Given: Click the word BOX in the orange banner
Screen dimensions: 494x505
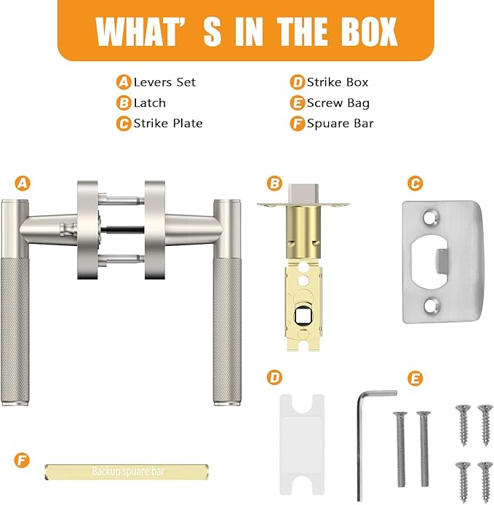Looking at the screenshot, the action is tap(370, 31).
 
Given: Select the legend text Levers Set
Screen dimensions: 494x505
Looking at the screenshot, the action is tap(164, 82).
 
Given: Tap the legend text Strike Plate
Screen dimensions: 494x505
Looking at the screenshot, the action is tap(168, 124).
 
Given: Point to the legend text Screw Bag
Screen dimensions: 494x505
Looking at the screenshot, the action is tap(338, 103).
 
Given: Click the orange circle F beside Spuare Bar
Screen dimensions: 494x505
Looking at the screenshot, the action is tap(298, 124).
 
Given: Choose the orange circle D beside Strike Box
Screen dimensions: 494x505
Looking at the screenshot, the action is tap(298, 82).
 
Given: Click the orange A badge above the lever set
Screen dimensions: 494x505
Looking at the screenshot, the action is tap(23, 183).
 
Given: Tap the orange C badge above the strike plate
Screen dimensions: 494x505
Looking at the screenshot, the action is tap(415, 183).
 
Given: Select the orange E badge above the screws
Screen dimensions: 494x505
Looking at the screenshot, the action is tap(415, 378).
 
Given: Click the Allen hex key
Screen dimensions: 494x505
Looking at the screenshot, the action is tap(359, 445).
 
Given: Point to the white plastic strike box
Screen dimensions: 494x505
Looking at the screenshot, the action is tap(302, 445).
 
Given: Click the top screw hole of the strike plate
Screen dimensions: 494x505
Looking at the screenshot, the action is tap(431, 218).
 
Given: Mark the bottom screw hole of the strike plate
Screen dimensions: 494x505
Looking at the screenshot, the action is tap(431, 306).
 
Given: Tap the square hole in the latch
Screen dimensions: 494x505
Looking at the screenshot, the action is tap(303, 317).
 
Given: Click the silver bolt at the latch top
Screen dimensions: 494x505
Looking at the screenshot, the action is tap(303, 194).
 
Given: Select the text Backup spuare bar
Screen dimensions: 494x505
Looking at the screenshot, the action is tap(128, 472).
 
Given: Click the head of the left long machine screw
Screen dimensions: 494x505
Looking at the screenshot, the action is tap(400, 414).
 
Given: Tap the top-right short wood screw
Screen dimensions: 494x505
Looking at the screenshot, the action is tap(485, 425).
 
